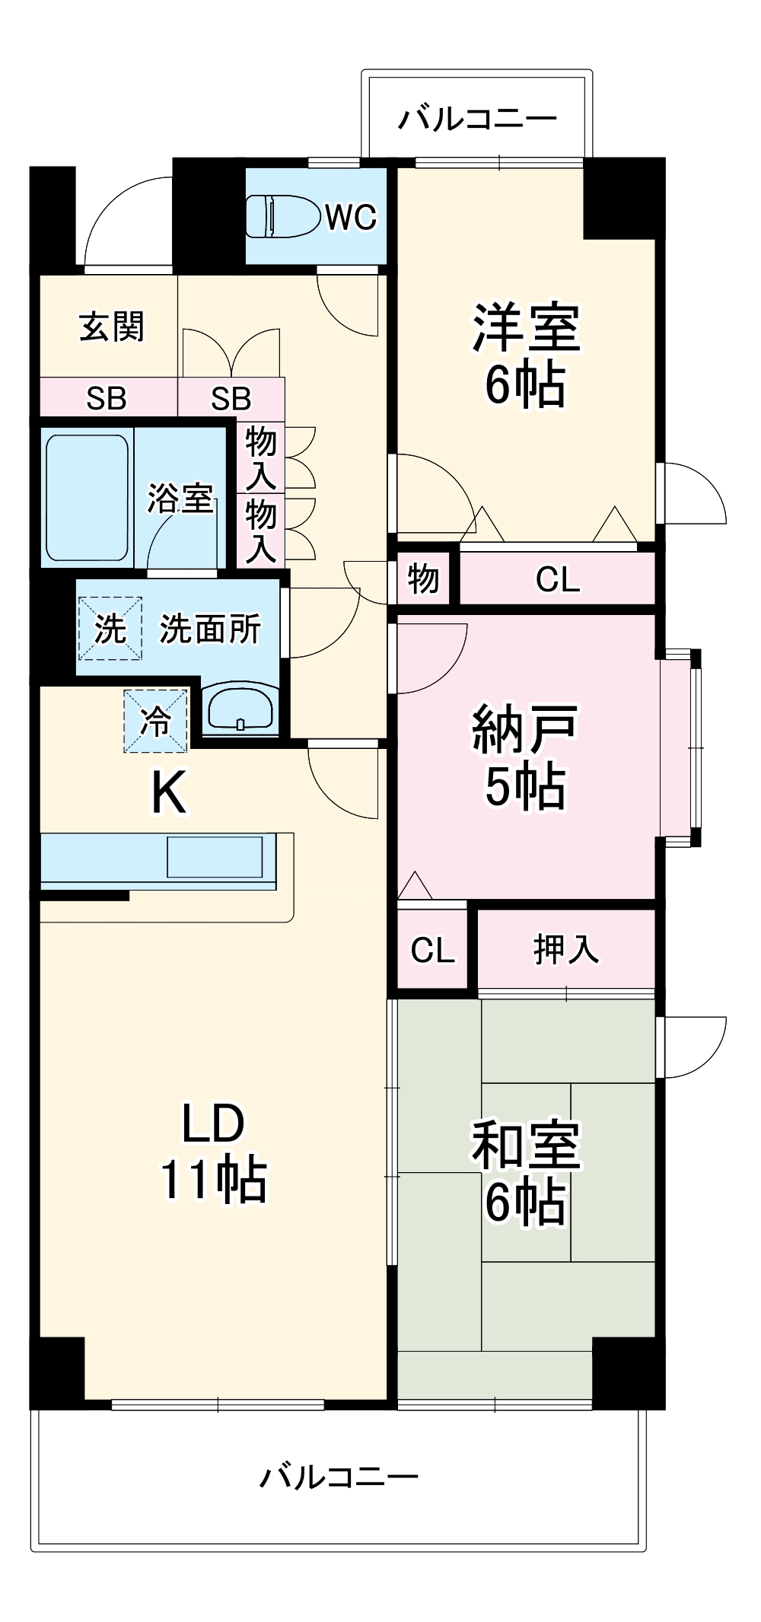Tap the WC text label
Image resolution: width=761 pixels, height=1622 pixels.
click(351, 218)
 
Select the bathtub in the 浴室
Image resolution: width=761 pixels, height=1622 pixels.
click(86, 498)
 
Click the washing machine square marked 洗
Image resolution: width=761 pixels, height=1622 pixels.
click(110, 629)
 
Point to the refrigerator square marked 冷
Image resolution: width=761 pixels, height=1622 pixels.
click(156, 720)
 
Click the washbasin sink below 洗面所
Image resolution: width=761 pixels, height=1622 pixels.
click(240, 709)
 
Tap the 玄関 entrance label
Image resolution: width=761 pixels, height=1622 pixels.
click(111, 327)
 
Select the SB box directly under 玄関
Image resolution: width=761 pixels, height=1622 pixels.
click(107, 398)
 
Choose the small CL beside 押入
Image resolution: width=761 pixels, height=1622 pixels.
click(432, 950)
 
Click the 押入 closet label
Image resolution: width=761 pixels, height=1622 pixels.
click(566, 949)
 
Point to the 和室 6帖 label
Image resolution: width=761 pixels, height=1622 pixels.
click(526, 1173)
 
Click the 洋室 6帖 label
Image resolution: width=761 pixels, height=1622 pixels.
click(526, 355)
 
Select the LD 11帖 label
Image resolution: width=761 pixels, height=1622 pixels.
click(213, 1151)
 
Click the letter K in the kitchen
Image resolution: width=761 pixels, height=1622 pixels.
click(168, 792)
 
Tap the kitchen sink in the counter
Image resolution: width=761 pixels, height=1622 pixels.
click(215, 857)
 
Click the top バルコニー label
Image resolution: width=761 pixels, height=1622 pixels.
click(477, 119)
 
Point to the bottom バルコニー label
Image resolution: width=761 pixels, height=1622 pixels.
click(339, 1477)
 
